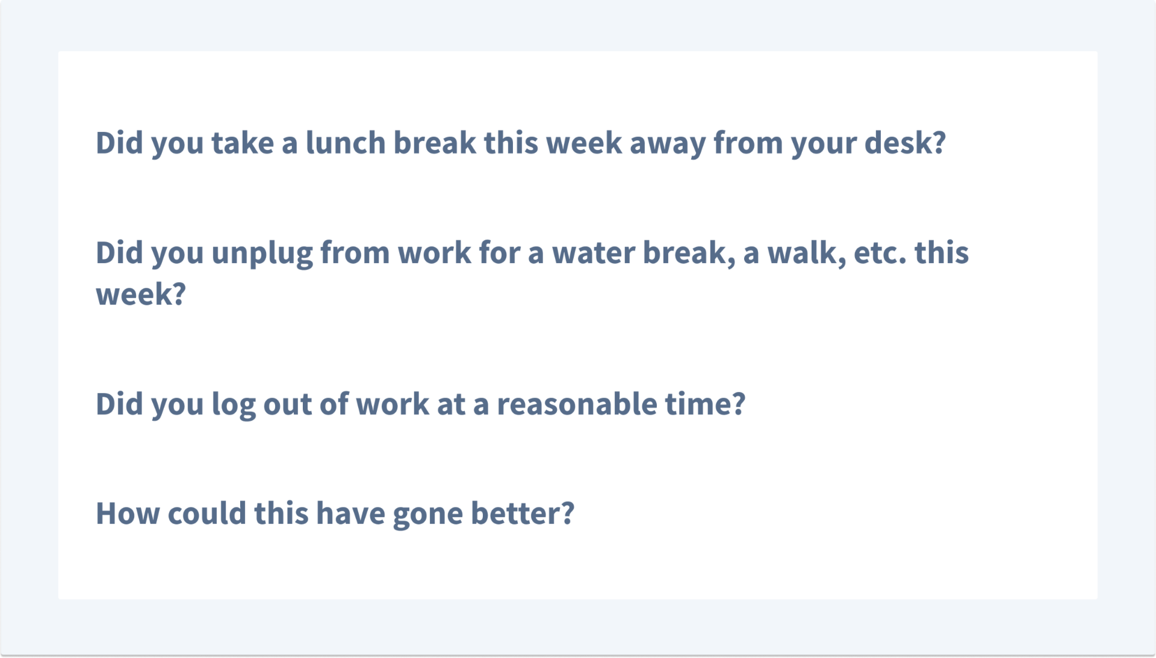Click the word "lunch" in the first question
coord(346,143)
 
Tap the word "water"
coord(594,253)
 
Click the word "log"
coord(234,405)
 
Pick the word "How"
coord(128,514)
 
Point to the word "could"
coord(207,514)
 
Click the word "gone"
coord(428,516)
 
